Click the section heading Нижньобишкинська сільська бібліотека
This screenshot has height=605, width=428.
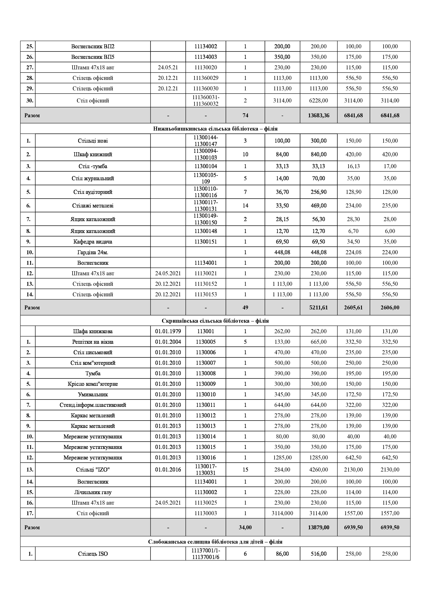tap(215, 129)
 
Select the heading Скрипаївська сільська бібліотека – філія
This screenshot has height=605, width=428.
tap(215, 321)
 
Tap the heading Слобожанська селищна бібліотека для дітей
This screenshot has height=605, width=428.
tap(215, 542)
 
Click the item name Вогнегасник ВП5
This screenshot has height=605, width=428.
tap(93, 57)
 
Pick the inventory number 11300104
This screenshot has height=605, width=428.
tap(206, 166)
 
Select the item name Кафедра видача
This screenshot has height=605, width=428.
tap(93, 242)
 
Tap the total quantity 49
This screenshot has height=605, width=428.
tap(245, 308)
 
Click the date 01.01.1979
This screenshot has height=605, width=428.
tap(168, 331)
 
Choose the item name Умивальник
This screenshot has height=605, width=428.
tap(93, 394)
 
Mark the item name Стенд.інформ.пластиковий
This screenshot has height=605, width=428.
tap(93, 405)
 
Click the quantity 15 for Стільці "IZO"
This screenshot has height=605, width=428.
tap(245, 470)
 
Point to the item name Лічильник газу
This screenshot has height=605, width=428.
tap(93, 492)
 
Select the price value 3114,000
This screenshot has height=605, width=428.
tap(282, 513)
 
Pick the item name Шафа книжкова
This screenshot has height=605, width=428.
tap(93, 331)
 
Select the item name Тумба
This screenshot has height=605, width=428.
tap(93, 373)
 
